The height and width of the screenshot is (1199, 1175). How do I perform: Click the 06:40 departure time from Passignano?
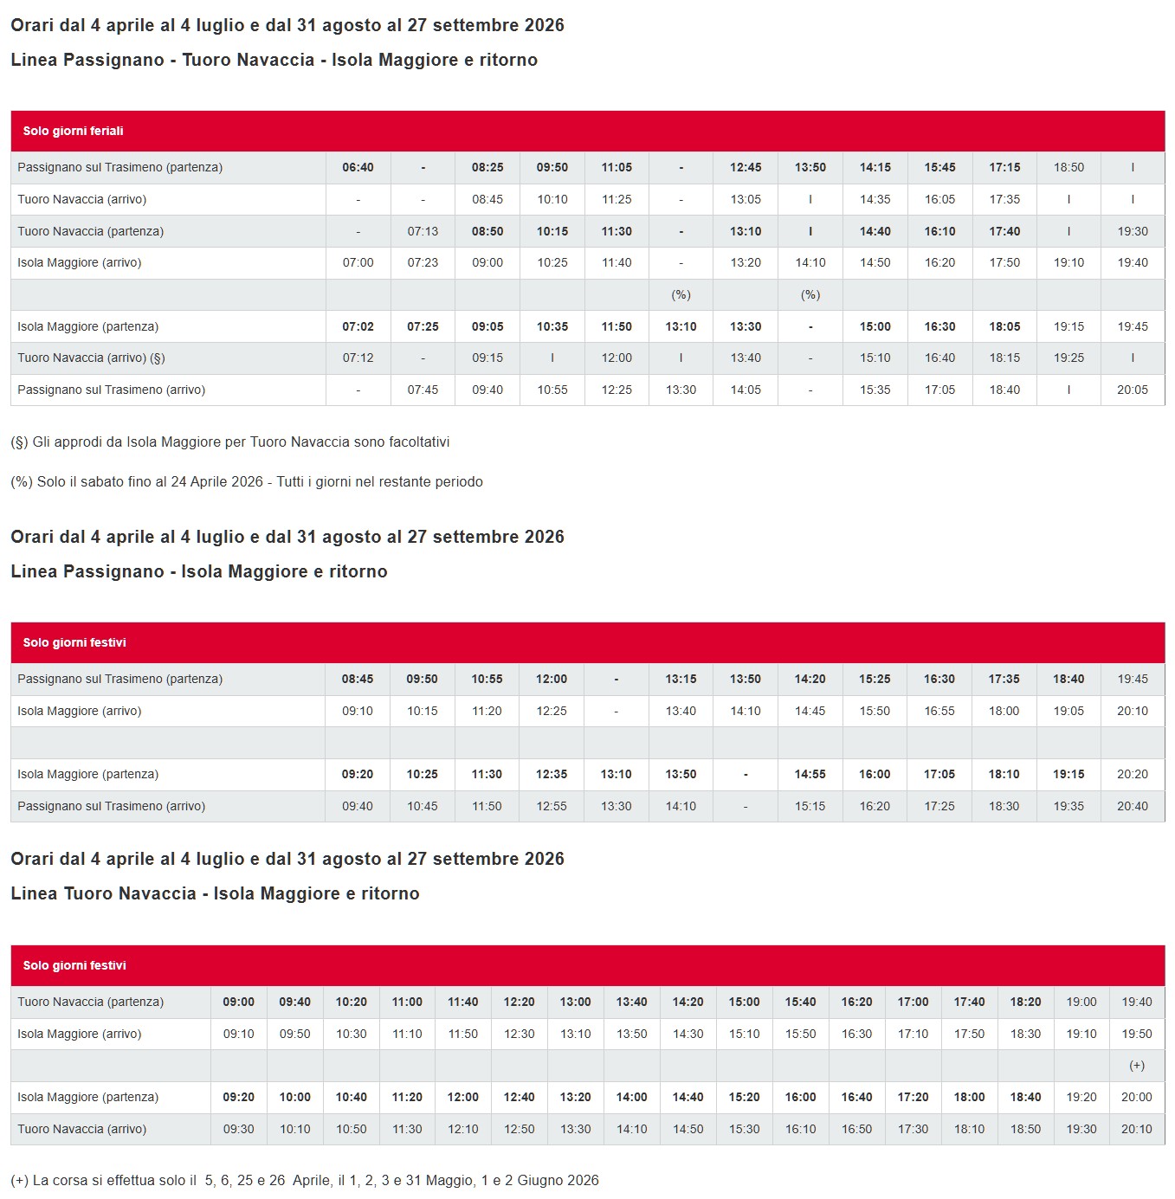point(358,167)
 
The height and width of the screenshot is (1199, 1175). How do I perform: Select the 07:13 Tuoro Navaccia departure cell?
point(423,231)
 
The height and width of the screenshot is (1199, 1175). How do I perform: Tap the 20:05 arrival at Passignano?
point(1132,390)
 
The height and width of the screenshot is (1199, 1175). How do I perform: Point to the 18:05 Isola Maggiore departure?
point(1004,326)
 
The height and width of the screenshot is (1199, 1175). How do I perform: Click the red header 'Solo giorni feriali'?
point(74,131)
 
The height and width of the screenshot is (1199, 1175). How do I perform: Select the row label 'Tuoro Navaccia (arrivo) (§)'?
point(91,358)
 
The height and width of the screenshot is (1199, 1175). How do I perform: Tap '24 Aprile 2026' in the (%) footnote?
point(216,481)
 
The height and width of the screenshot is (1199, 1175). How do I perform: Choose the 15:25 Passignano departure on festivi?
point(875,679)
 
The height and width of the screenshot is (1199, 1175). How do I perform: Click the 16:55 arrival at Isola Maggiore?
point(939,711)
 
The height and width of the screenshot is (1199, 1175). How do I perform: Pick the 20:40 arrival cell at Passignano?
point(1132,806)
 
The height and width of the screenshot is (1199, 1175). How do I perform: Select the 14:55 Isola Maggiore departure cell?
point(810,774)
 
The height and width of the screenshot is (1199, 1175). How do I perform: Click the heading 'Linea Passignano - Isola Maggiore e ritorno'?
point(199,571)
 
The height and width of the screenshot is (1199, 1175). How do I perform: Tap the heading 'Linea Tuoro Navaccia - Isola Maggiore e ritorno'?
point(215,893)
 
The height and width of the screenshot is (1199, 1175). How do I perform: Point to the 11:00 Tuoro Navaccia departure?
point(407,1002)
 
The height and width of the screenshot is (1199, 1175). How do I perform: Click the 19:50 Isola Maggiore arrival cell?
point(1136,1034)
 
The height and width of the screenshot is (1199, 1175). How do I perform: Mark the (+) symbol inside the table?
point(1136,1066)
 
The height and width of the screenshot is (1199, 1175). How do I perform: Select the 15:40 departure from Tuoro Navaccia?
point(800,1002)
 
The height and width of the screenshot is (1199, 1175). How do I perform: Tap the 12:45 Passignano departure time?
point(746,167)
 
